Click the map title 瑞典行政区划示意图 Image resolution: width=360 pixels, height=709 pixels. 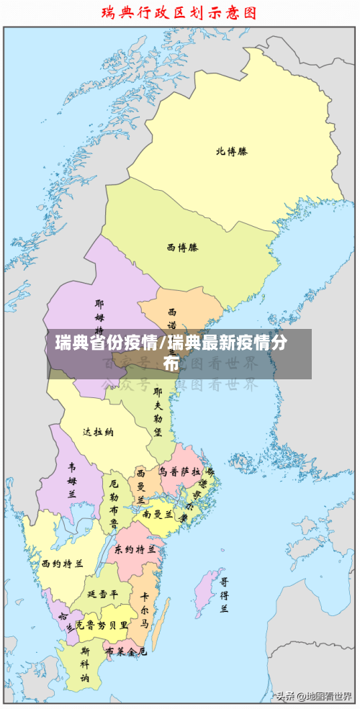[179, 12]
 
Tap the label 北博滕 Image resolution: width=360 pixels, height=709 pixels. [232, 151]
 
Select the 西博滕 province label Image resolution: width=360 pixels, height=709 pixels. [182, 247]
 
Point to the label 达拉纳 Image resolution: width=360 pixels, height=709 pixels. [98, 432]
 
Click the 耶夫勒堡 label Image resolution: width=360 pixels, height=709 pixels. [158, 413]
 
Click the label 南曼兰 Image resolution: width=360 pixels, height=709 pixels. [158, 514]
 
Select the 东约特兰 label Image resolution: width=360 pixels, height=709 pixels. [135, 548]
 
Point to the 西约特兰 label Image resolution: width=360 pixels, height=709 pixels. [62, 563]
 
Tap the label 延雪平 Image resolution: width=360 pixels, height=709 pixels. [102, 595]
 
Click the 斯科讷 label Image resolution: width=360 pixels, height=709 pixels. [85, 664]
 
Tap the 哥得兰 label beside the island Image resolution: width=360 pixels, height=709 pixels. [225, 595]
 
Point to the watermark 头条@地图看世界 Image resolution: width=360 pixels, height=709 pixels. [313, 696]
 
